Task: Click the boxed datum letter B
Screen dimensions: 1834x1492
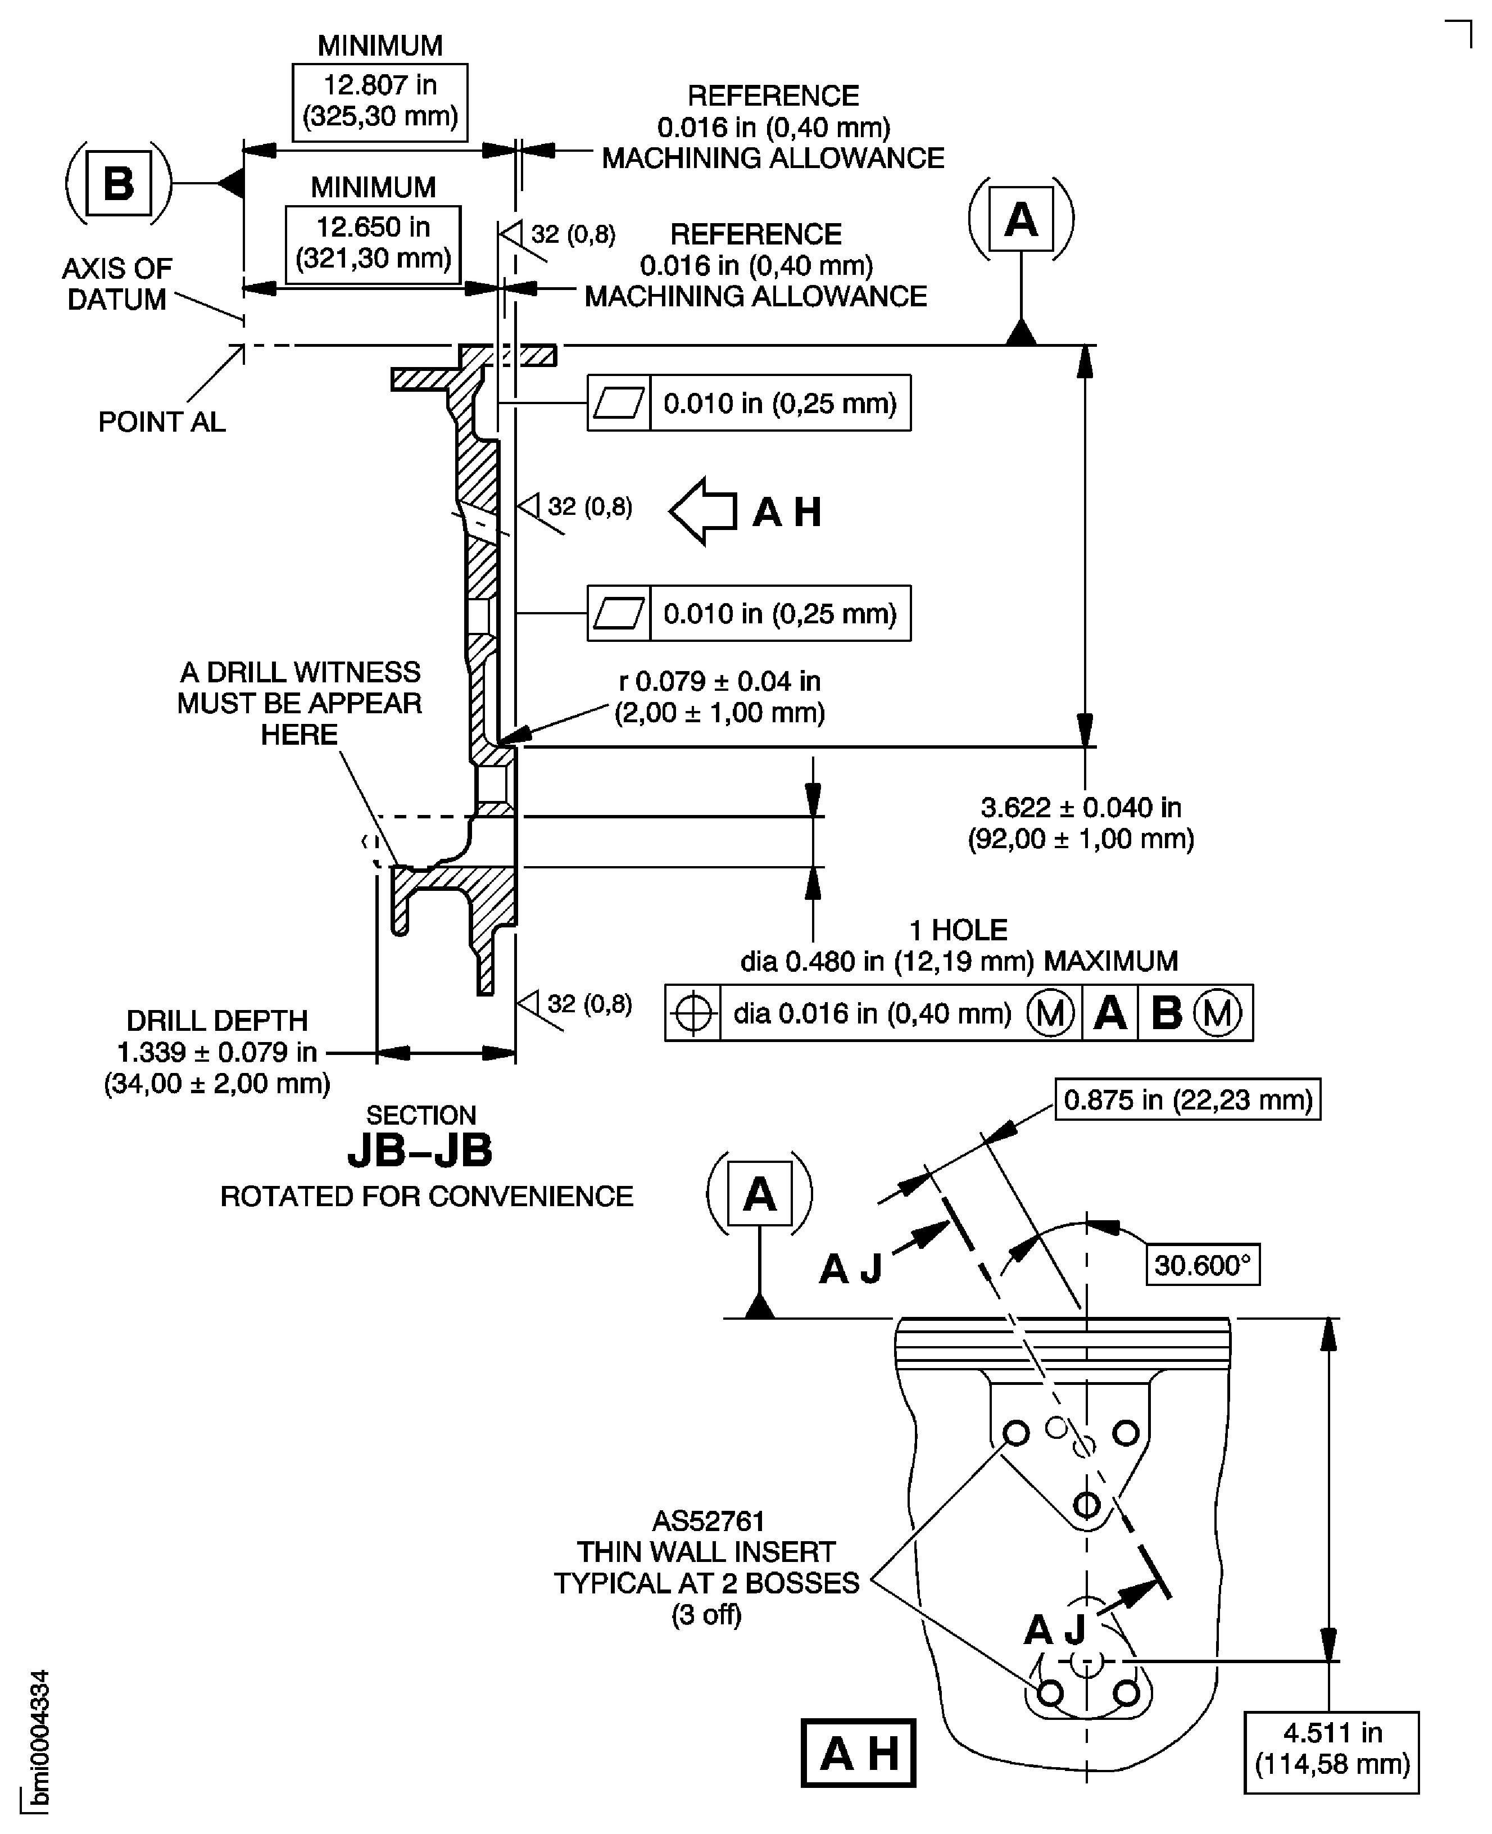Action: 119,183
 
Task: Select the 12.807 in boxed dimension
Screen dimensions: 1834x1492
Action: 380,101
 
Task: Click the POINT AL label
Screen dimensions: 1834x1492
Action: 162,422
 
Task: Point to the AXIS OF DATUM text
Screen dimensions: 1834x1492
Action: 117,284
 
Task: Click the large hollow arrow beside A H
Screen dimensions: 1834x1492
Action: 703,511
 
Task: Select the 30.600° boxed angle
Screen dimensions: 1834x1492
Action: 1203,1265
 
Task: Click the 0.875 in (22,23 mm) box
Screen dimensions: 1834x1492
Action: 1187,1100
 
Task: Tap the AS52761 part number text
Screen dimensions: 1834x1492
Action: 708,1522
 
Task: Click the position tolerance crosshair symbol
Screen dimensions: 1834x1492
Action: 693,1014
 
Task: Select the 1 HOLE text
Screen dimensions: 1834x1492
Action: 958,930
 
